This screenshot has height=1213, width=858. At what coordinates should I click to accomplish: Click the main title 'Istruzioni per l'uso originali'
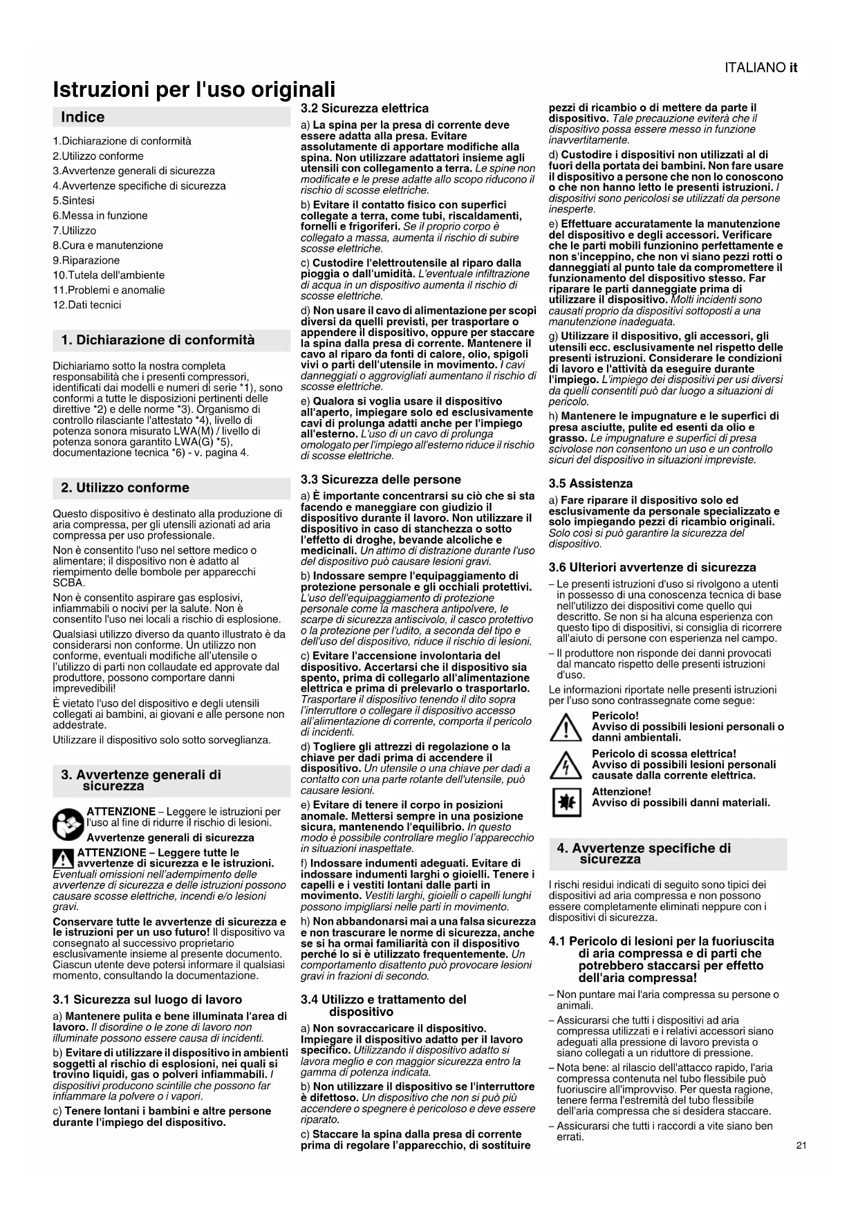(194, 90)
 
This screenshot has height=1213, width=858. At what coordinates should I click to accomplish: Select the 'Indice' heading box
(171, 117)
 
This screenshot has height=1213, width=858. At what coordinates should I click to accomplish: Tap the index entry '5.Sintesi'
(74, 201)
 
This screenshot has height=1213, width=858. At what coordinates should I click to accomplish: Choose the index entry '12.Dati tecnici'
(86, 305)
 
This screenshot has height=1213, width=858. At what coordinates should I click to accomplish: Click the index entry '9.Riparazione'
(86, 260)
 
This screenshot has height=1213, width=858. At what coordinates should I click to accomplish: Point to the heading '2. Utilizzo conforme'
(124, 488)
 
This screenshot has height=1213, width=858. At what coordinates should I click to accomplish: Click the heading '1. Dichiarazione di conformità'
(158, 340)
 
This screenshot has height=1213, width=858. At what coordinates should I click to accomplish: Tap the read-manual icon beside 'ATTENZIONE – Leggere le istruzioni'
(68, 823)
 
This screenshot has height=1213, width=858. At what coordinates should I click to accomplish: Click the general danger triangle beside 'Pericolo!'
(566, 728)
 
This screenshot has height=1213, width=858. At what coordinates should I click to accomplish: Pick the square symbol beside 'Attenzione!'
(566, 802)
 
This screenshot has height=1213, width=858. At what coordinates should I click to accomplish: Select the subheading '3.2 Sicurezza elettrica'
(364, 109)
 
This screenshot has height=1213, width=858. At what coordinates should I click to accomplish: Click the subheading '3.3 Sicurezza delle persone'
(380, 480)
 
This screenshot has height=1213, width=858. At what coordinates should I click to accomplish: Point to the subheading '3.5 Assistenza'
(590, 484)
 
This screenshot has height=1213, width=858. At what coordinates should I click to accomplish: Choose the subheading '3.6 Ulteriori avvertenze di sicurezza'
(652, 568)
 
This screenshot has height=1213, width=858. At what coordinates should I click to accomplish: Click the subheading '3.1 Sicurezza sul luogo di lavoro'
(147, 1000)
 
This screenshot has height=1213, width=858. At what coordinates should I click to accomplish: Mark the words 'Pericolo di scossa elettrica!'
(664, 754)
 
